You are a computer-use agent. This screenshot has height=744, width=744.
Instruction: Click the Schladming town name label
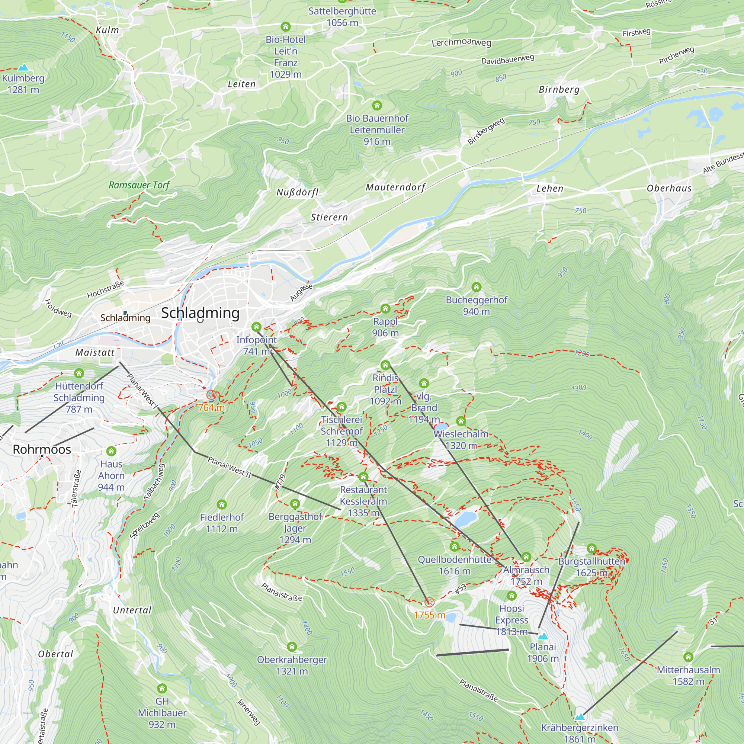(200, 313)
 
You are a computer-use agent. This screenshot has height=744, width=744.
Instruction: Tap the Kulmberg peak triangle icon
(23, 67)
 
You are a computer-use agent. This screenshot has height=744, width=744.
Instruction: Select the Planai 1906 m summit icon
(543, 636)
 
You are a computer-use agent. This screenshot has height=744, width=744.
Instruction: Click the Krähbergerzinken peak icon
(580, 717)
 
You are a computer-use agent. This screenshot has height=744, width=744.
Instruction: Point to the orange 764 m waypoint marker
(211, 394)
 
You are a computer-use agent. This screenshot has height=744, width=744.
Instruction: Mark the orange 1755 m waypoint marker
(429, 602)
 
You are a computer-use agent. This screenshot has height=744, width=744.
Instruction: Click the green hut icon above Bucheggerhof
(477, 287)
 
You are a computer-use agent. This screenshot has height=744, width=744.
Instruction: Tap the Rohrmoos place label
(42, 449)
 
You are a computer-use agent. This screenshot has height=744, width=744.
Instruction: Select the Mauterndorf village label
(395, 187)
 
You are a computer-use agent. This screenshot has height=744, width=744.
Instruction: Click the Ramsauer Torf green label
(139, 185)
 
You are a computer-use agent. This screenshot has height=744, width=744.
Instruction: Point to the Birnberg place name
(559, 90)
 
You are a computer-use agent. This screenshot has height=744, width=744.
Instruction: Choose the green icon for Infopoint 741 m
(256, 327)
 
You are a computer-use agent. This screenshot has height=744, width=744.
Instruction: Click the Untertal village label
(132, 610)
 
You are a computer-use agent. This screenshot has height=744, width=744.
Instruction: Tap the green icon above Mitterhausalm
(688, 657)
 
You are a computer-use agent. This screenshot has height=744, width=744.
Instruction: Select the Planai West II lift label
(230, 467)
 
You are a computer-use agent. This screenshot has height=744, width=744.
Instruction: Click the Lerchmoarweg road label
(461, 42)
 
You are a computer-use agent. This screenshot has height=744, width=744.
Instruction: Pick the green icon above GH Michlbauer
(162, 688)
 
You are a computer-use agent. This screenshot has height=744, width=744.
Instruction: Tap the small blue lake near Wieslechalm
(441, 427)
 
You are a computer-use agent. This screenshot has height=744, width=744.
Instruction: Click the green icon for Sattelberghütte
(342, 1)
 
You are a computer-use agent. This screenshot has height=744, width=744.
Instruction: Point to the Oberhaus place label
(669, 188)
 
